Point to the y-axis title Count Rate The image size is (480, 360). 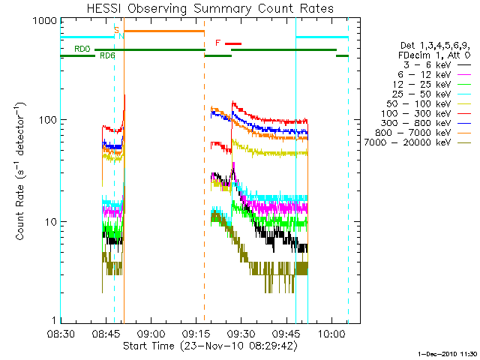(x=22, y=173)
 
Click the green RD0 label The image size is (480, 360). (x=82, y=49)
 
